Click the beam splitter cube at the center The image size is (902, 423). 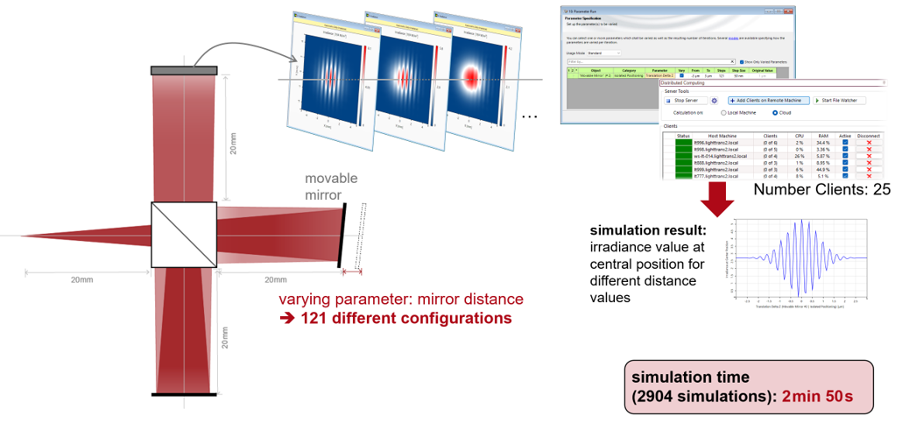[184, 235]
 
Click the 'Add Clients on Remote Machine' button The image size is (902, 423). [768, 101]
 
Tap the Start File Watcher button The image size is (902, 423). [839, 101]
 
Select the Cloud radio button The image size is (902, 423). [775, 113]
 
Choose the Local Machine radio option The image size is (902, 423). [723, 113]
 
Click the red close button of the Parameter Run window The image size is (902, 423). [790, 11]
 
